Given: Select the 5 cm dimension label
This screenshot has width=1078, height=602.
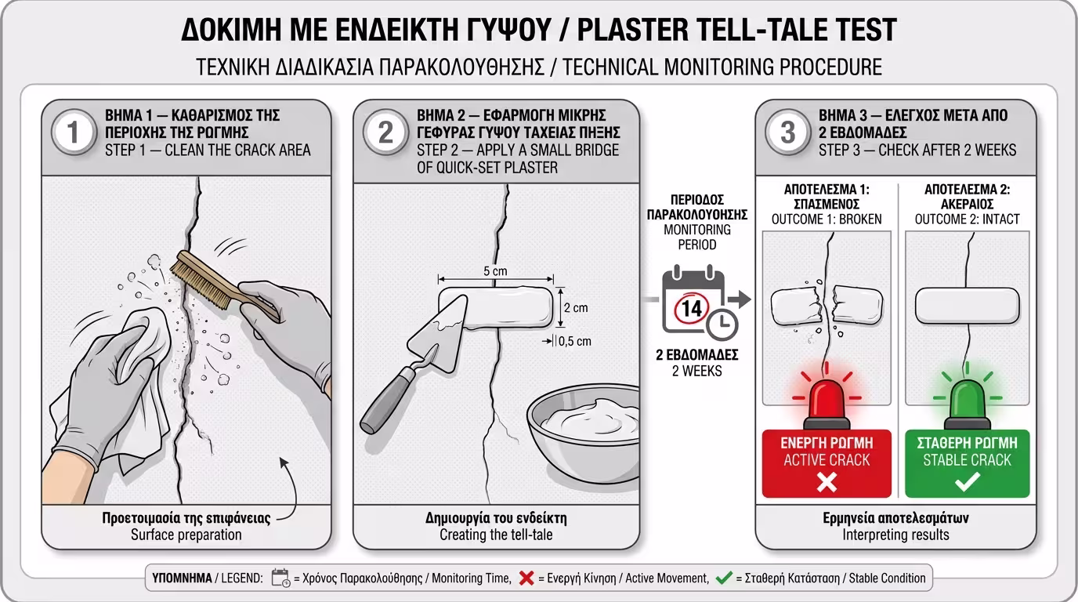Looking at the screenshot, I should [x=495, y=271].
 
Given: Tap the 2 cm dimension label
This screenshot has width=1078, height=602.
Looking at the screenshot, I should [x=576, y=308].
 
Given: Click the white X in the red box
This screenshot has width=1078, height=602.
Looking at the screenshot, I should [x=827, y=482].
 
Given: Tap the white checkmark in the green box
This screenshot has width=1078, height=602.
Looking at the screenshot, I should [x=967, y=482].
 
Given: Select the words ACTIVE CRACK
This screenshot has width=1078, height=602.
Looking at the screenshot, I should [x=827, y=460].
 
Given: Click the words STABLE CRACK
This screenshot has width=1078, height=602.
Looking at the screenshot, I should [x=967, y=460].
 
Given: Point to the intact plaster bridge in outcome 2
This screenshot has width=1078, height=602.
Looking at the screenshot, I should [x=967, y=306].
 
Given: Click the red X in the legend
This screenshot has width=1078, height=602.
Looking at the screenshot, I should [x=526, y=578].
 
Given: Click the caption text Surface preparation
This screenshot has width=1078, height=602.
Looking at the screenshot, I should [x=186, y=535].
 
